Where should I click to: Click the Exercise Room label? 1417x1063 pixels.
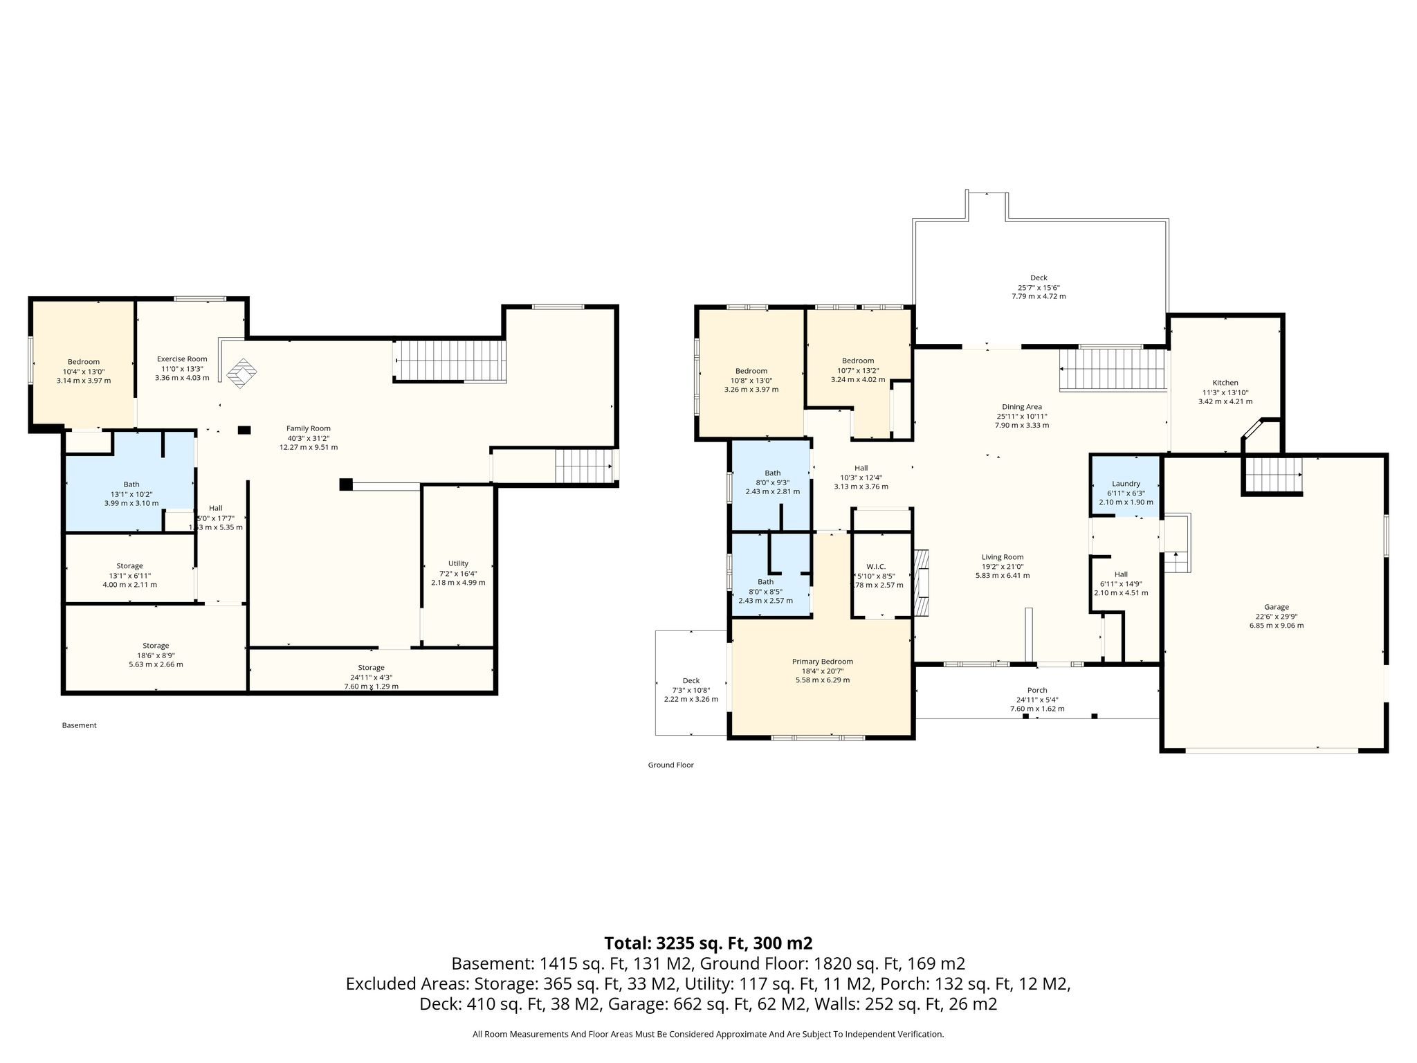(182, 358)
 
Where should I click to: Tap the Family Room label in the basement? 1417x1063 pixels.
(309, 428)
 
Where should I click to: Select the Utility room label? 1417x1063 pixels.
(458, 563)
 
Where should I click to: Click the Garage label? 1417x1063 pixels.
(1277, 607)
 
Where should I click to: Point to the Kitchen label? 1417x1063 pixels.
(1225, 383)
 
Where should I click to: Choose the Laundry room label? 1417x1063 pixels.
(1126, 484)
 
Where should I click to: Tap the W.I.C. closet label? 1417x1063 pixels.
(876, 566)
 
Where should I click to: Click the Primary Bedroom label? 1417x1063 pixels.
(823, 662)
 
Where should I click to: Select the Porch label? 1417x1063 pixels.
(1037, 690)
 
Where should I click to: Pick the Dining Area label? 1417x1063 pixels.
(1022, 407)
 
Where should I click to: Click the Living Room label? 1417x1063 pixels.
(1003, 557)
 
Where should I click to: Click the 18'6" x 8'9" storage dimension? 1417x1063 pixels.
(156, 655)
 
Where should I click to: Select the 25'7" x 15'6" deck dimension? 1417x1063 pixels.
(1039, 287)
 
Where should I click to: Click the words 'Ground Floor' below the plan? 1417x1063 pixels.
(670, 765)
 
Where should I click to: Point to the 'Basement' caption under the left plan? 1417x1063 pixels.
(80, 725)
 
